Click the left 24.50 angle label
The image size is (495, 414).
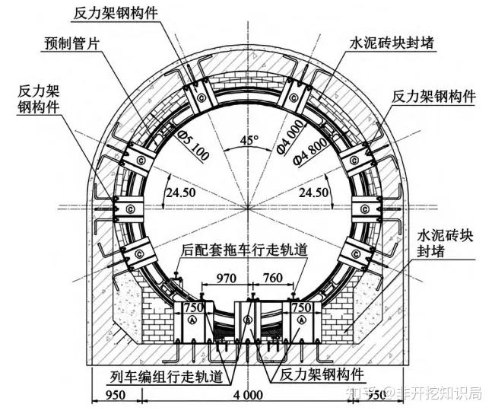tap(182, 193)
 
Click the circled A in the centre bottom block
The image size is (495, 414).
tap(247, 320)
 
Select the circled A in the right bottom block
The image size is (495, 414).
tap(303, 321)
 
